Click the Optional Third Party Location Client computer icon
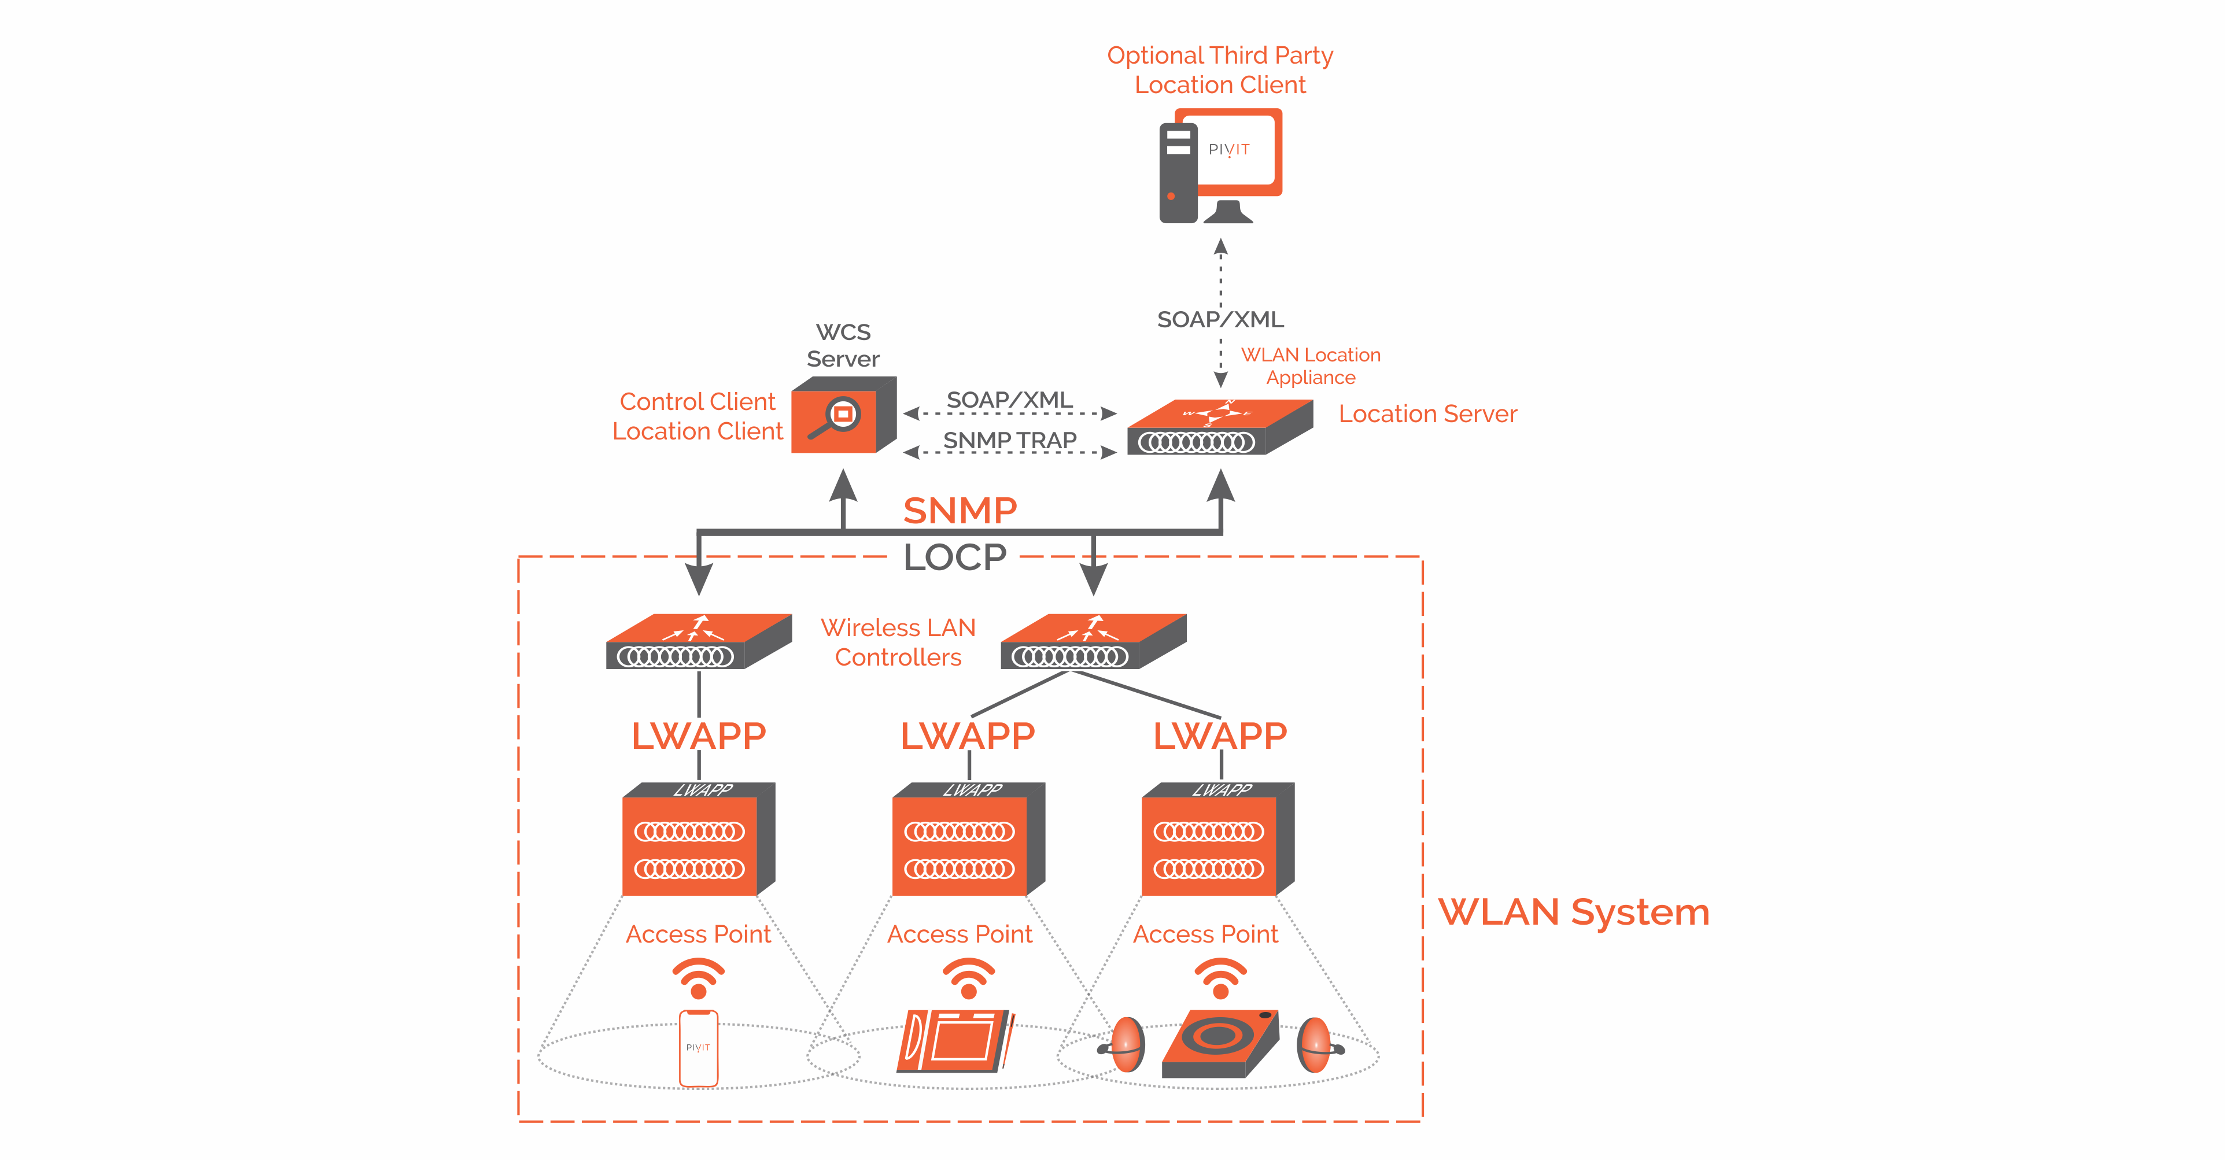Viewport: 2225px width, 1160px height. point(1220,166)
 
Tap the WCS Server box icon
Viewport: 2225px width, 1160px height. point(842,415)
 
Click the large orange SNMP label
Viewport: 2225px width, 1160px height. point(960,511)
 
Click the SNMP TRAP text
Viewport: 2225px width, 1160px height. point(1010,441)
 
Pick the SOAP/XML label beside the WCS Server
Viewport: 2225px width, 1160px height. point(1010,400)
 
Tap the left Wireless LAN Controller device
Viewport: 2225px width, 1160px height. point(698,642)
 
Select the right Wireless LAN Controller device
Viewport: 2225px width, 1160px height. point(1093,642)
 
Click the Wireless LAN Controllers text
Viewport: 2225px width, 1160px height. point(898,642)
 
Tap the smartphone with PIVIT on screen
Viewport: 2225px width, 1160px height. point(698,1048)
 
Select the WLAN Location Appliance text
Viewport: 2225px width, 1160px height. point(1310,366)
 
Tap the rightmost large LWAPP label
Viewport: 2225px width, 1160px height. point(1220,736)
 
